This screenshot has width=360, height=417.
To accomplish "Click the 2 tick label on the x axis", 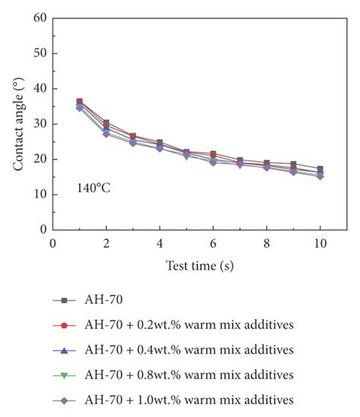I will tap(106, 242).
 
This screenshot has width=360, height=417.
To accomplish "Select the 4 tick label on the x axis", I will tap(159, 242).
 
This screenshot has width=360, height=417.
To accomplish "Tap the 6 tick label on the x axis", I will tap(213, 242).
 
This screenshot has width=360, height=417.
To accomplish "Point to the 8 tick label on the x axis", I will tap(267, 242).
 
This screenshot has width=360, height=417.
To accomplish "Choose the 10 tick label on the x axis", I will tap(320, 242).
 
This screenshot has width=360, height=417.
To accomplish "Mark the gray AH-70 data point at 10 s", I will tap(321, 169).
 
